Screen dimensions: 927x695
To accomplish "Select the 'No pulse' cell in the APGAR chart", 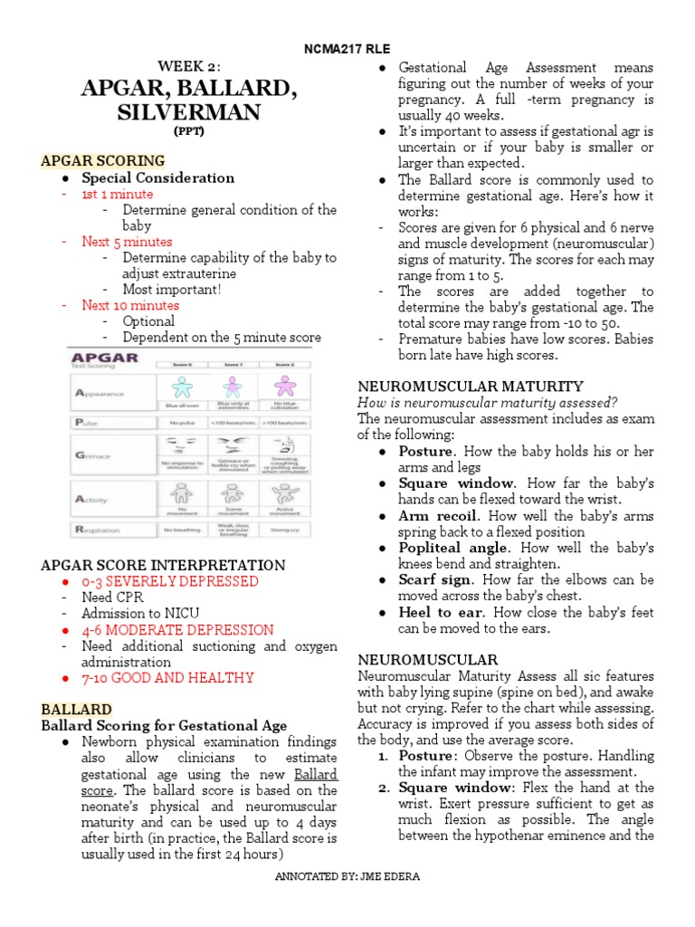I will click(182, 423).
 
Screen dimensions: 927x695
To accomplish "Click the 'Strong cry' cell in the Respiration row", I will click(286, 529).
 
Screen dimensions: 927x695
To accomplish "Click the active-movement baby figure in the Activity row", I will click(286, 494).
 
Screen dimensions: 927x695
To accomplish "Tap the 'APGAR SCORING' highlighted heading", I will click(102, 161).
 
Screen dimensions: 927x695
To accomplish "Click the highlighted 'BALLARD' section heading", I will click(77, 709).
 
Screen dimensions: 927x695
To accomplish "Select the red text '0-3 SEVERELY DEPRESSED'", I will click(170, 581).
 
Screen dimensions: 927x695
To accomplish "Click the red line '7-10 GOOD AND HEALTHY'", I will click(167, 677).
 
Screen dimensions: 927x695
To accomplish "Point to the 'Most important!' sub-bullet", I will click(171, 290).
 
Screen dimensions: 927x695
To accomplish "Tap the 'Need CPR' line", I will click(112, 597).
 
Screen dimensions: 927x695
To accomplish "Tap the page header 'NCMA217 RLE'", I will click(347, 49).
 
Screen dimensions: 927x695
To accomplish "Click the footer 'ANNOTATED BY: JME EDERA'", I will click(347, 902).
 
